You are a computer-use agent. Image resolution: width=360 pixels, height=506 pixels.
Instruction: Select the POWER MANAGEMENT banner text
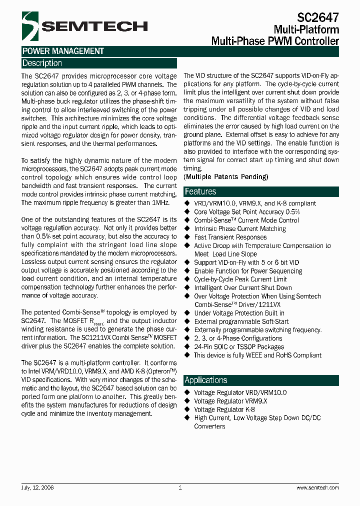coord(63,51)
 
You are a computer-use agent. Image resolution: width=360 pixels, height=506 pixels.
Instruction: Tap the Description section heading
coord(42,63)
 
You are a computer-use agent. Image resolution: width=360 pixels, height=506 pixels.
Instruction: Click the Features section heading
coord(200,191)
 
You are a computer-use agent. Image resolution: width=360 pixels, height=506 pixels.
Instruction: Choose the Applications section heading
coord(206,380)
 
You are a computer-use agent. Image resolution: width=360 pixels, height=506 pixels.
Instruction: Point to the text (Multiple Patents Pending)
coord(226,177)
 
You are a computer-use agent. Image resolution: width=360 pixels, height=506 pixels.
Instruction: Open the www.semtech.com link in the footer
coord(317,487)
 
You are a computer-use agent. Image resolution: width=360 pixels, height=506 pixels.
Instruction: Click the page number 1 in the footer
coord(180,487)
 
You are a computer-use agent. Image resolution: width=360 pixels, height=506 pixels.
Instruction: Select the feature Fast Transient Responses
coord(230,237)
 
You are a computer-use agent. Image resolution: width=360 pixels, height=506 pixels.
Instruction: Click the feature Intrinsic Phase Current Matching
coord(240,228)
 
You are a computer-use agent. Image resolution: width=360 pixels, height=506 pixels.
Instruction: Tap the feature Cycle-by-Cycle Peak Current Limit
coord(240,279)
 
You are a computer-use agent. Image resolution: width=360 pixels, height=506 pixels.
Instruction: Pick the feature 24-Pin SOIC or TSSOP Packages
coord(239,346)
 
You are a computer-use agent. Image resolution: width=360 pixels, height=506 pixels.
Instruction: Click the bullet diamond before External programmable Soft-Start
coord(188,321)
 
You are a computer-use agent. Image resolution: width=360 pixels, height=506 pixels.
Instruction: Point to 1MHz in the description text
coord(159,202)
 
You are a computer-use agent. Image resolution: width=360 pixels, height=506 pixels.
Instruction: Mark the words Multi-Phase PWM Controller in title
coord(275,41)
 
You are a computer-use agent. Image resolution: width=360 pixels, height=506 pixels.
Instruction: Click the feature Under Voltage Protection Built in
coord(239,313)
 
